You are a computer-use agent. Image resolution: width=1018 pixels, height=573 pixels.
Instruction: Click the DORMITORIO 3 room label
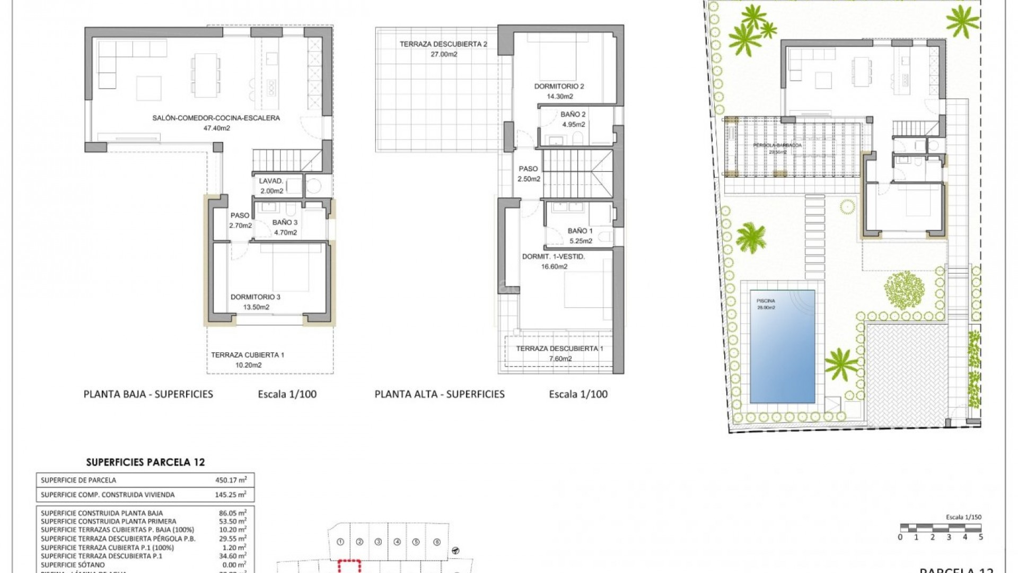[x=256, y=297]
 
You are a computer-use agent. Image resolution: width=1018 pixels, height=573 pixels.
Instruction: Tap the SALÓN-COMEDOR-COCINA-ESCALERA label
[x=216, y=118]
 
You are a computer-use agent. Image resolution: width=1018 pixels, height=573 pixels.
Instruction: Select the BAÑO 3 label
[x=285, y=222]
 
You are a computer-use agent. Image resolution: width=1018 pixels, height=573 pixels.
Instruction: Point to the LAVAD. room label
[x=271, y=181]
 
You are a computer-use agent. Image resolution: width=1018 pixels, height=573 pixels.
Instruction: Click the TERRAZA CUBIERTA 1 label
[x=248, y=355]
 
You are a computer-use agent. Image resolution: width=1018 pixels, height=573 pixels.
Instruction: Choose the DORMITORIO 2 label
[x=559, y=86]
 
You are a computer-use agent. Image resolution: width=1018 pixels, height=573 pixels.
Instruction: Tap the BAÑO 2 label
[x=573, y=115]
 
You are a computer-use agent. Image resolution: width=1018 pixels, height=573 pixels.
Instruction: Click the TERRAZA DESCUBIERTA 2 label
[x=443, y=45]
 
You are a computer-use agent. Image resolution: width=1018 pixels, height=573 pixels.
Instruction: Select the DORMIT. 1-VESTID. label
[x=554, y=257]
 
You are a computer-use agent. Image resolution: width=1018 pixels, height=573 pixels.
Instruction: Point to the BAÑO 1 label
[x=580, y=231]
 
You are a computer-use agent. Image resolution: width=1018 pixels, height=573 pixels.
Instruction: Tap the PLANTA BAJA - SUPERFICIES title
[x=148, y=394]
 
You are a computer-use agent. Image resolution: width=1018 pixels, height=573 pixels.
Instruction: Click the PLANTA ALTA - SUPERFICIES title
[x=440, y=394]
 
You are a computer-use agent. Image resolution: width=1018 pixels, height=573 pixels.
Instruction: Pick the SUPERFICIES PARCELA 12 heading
[x=145, y=462]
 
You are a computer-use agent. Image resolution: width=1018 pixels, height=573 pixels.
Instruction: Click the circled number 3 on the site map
[x=378, y=542]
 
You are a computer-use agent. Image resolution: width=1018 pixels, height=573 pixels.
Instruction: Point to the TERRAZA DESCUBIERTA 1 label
[x=560, y=349]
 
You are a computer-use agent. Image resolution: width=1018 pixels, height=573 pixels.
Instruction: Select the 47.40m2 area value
[x=216, y=128]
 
